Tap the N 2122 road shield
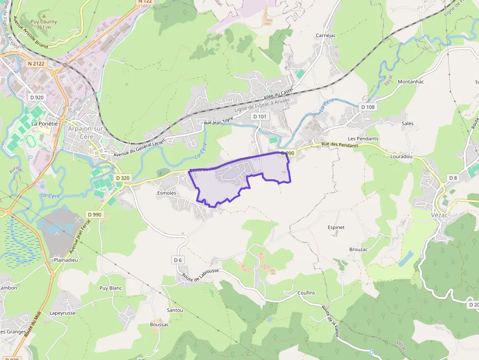36,64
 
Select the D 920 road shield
37,97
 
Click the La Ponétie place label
44,124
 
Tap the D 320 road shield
123,178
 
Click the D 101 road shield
260,117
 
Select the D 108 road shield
368,106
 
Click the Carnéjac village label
326,36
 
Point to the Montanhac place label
411,82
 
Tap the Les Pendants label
363,139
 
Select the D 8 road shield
453,178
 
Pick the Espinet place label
336,227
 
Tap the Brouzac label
358,249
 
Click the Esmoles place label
166,193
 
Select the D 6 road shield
178,260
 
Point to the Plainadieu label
66,260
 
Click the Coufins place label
306,293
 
